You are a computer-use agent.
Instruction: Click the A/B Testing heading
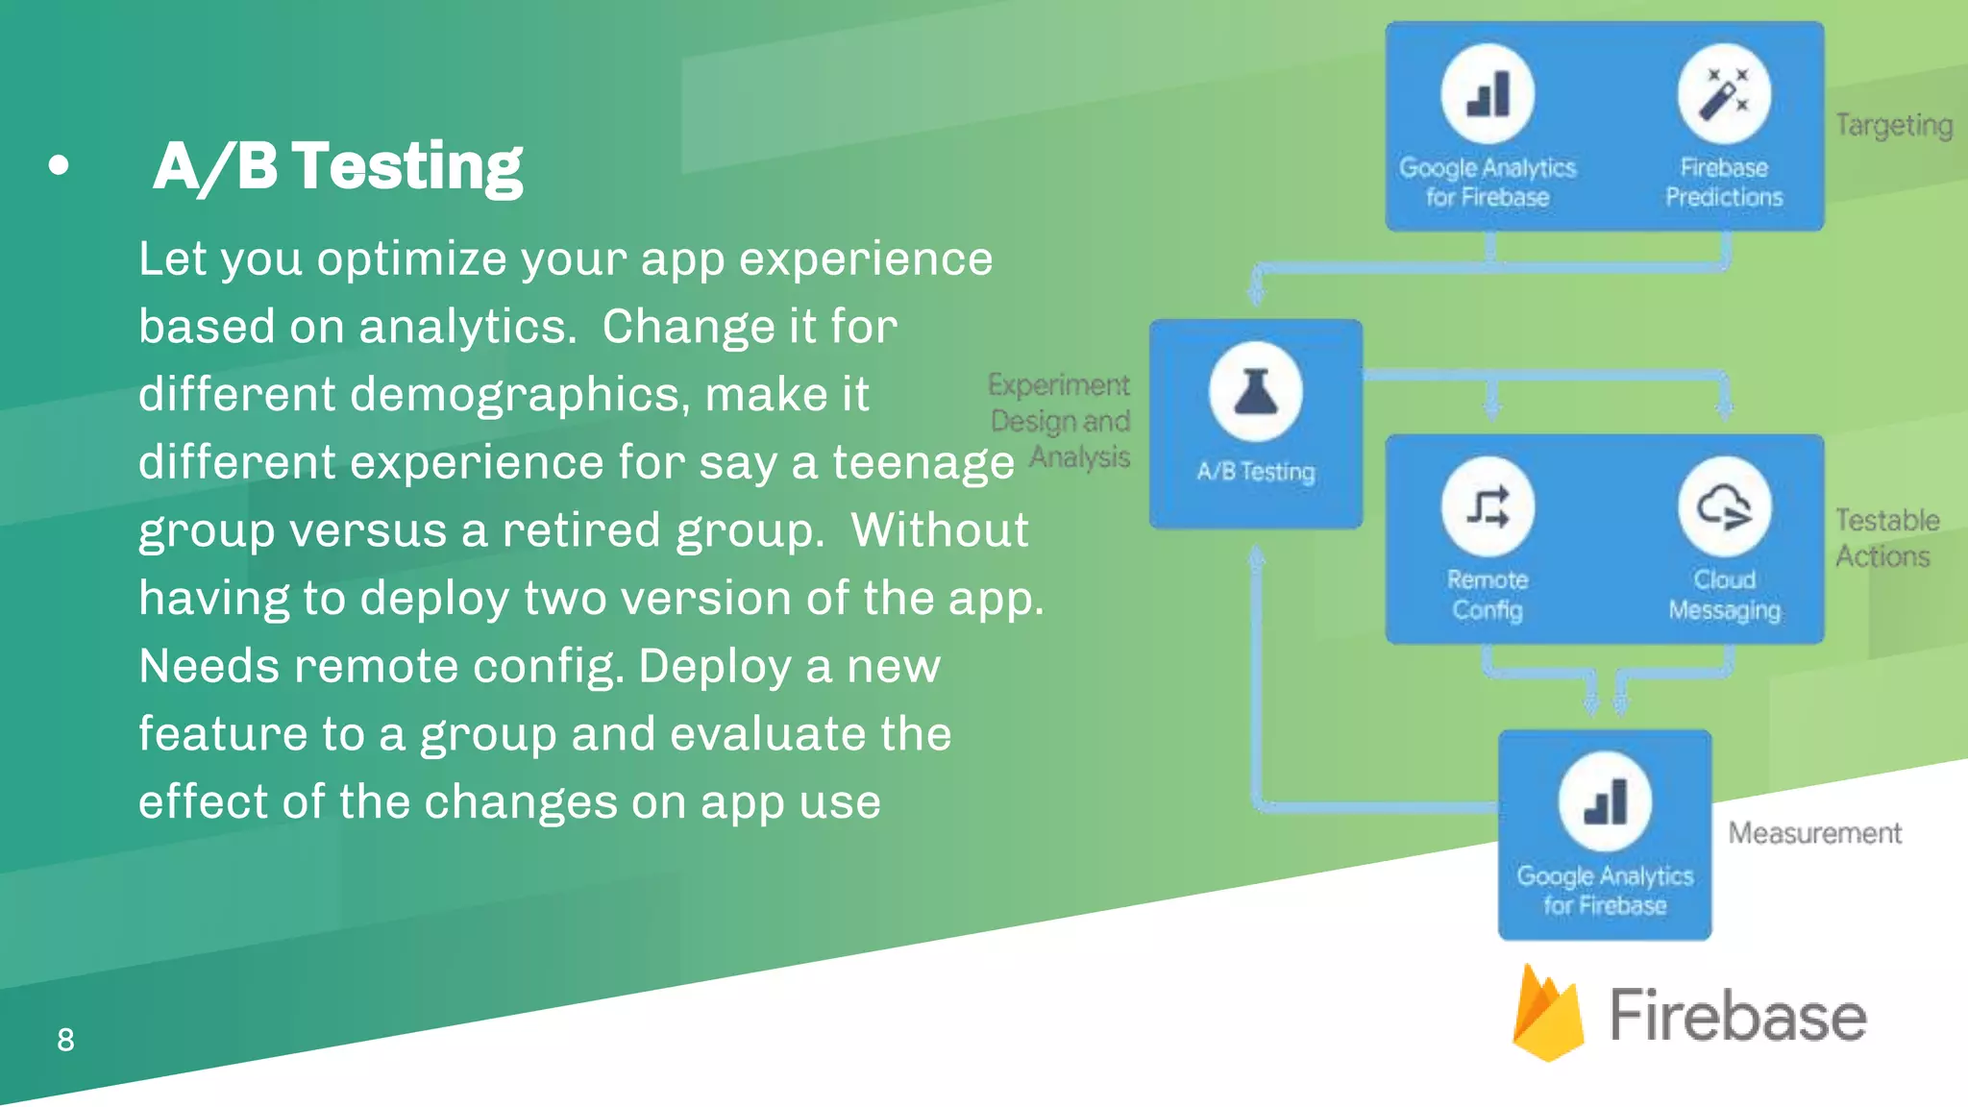(x=337, y=166)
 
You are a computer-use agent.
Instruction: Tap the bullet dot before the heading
(x=59, y=166)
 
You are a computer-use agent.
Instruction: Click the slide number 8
(x=65, y=1040)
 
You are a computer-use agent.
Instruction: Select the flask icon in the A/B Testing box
(x=1255, y=391)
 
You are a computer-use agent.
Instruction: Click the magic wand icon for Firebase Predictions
(x=1724, y=93)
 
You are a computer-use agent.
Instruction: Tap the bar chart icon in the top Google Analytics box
(x=1488, y=93)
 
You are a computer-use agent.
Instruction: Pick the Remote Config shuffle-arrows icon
(x=1488, y=506)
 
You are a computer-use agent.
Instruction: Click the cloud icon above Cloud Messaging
(x=1724, y=506)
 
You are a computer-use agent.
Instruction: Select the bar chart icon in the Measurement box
(x=1605, y=801)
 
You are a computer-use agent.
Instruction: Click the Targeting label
(x=1893, y=125)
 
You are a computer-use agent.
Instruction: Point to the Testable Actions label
(x=1886, y=538)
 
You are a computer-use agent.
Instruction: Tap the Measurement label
(x=1814, y=833)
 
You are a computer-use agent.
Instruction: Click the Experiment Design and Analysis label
(x=1061, y=421)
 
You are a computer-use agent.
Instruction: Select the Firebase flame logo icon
(x=1547, y=1014)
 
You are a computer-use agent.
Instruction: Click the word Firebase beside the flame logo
(x=1737, y=1016)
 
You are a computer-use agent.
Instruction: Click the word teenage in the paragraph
(x=922, y=462)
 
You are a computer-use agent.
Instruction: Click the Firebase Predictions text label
(x=1724, y=182)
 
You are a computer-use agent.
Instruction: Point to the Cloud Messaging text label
(x=1724, y=595)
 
